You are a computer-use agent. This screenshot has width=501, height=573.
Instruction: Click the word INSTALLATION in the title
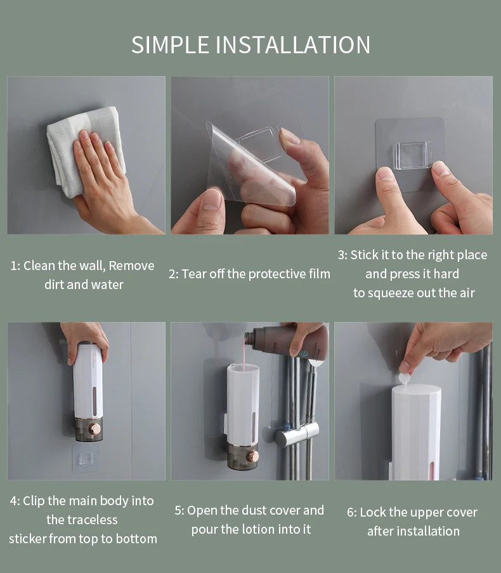click(293, 45)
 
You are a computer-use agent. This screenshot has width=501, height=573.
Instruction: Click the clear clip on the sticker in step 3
click(413, 155)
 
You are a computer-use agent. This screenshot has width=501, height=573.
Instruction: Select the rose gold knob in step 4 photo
click(94, 429)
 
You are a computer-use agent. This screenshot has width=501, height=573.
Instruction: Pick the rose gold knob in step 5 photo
click(253, 456)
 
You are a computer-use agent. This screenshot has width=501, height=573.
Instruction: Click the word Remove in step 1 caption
click(131, 266)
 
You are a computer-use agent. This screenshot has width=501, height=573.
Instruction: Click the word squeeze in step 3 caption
click(408, 292)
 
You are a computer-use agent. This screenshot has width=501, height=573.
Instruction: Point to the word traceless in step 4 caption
click(82, 520)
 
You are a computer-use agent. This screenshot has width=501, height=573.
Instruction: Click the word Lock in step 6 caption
click(372, 512)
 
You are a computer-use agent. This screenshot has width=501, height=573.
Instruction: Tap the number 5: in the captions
click(179, 510)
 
